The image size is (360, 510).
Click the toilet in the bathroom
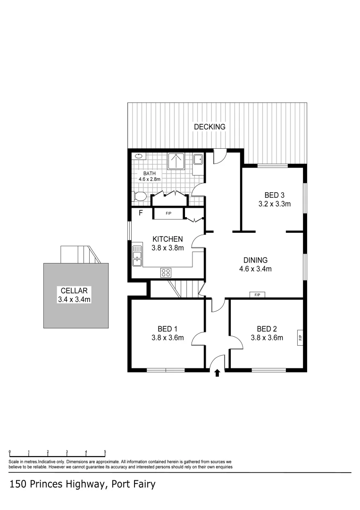point(139,196)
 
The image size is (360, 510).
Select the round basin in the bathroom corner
point(139,156)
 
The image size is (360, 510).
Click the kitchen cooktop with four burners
point(167,272)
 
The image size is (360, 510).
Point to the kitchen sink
point(137,255)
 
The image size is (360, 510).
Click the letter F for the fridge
point(140,213)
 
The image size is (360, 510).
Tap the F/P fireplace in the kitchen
point(168,214)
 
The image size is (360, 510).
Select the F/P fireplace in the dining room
point(257,295)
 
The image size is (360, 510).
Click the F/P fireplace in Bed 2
point(299,338)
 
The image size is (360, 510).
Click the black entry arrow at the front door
point(217,374)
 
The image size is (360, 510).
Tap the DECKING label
point(209,127)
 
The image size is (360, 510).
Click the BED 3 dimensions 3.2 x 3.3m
point(274,204)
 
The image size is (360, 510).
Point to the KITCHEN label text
point(167,239)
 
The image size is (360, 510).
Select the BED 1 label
point(167,329)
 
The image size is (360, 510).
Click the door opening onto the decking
point(219,156)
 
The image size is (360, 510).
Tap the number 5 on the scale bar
point(105,451)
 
